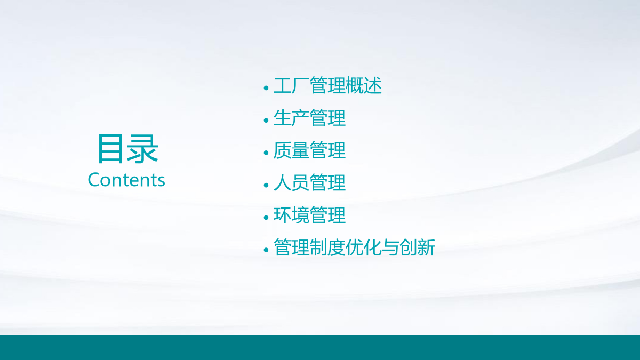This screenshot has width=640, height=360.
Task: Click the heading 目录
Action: pos(128,149)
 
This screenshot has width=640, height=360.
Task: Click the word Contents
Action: pos(126,180)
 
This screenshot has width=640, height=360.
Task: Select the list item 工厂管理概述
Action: pos(327,85)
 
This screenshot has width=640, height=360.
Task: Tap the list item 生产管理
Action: pos(309,118)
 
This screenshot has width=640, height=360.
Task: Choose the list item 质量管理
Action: pos(309,150)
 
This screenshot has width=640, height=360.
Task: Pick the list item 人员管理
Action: pos(309,182)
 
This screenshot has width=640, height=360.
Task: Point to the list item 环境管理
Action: pos(309,215)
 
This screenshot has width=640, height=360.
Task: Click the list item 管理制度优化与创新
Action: pos(354,247)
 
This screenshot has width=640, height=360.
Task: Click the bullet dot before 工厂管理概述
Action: pos(266,88)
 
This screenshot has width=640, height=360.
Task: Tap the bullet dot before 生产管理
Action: pos(266,121)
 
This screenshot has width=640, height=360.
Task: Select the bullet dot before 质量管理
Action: pos(266,153)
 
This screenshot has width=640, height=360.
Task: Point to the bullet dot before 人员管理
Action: pos(266,185)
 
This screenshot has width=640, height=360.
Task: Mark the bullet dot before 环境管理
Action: pos(266,218)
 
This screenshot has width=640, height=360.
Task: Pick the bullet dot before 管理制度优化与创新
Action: pos(266,250)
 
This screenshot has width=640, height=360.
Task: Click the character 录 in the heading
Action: pos(142,149)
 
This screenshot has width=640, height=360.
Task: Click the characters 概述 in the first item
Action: pos(363,85)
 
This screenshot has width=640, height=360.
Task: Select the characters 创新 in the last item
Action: pos(417,247)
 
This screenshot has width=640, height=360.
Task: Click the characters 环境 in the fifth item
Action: pos(291,215)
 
